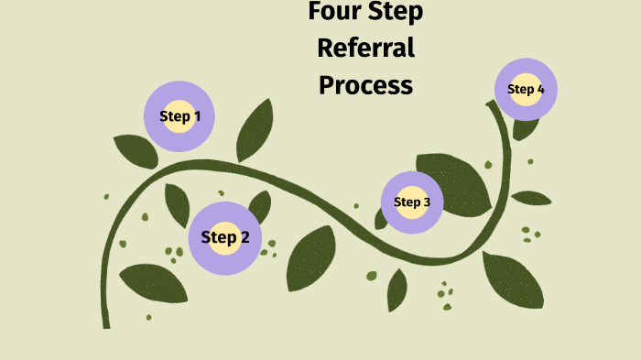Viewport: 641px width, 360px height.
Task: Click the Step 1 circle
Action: click(x=179, y=116)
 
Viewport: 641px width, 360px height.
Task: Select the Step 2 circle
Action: click(x=225, y=238)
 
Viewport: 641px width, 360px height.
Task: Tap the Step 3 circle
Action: click(x=412, y=202)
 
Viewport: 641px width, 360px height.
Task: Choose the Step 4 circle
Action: click(x=526, y=89)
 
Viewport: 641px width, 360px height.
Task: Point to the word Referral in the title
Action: click(x=365, y=48)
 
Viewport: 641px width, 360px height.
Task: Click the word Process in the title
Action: click(x=365, y=85)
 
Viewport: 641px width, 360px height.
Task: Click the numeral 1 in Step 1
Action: click(x=197, y=116)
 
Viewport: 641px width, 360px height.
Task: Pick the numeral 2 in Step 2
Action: click(x=244, y=238)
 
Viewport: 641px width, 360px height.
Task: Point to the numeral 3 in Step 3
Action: click(x=427, y=202)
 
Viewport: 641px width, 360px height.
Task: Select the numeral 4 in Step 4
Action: click(x=540, y=89)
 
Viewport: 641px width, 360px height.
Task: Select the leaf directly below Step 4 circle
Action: click(x=525, y=127)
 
